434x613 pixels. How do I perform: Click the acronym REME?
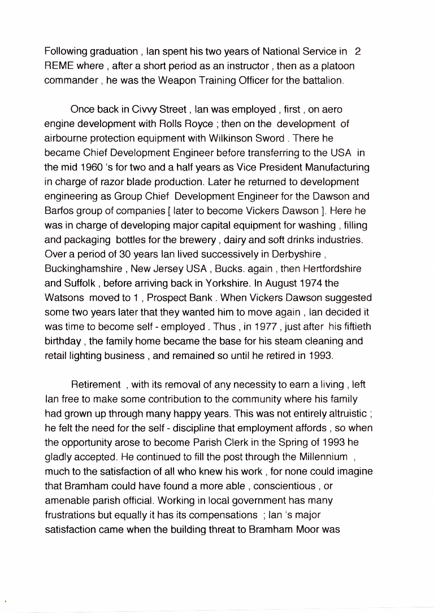pyautogui.click(x=59, y=66)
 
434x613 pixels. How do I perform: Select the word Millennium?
pyautogui.click(x=319, y=457)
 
